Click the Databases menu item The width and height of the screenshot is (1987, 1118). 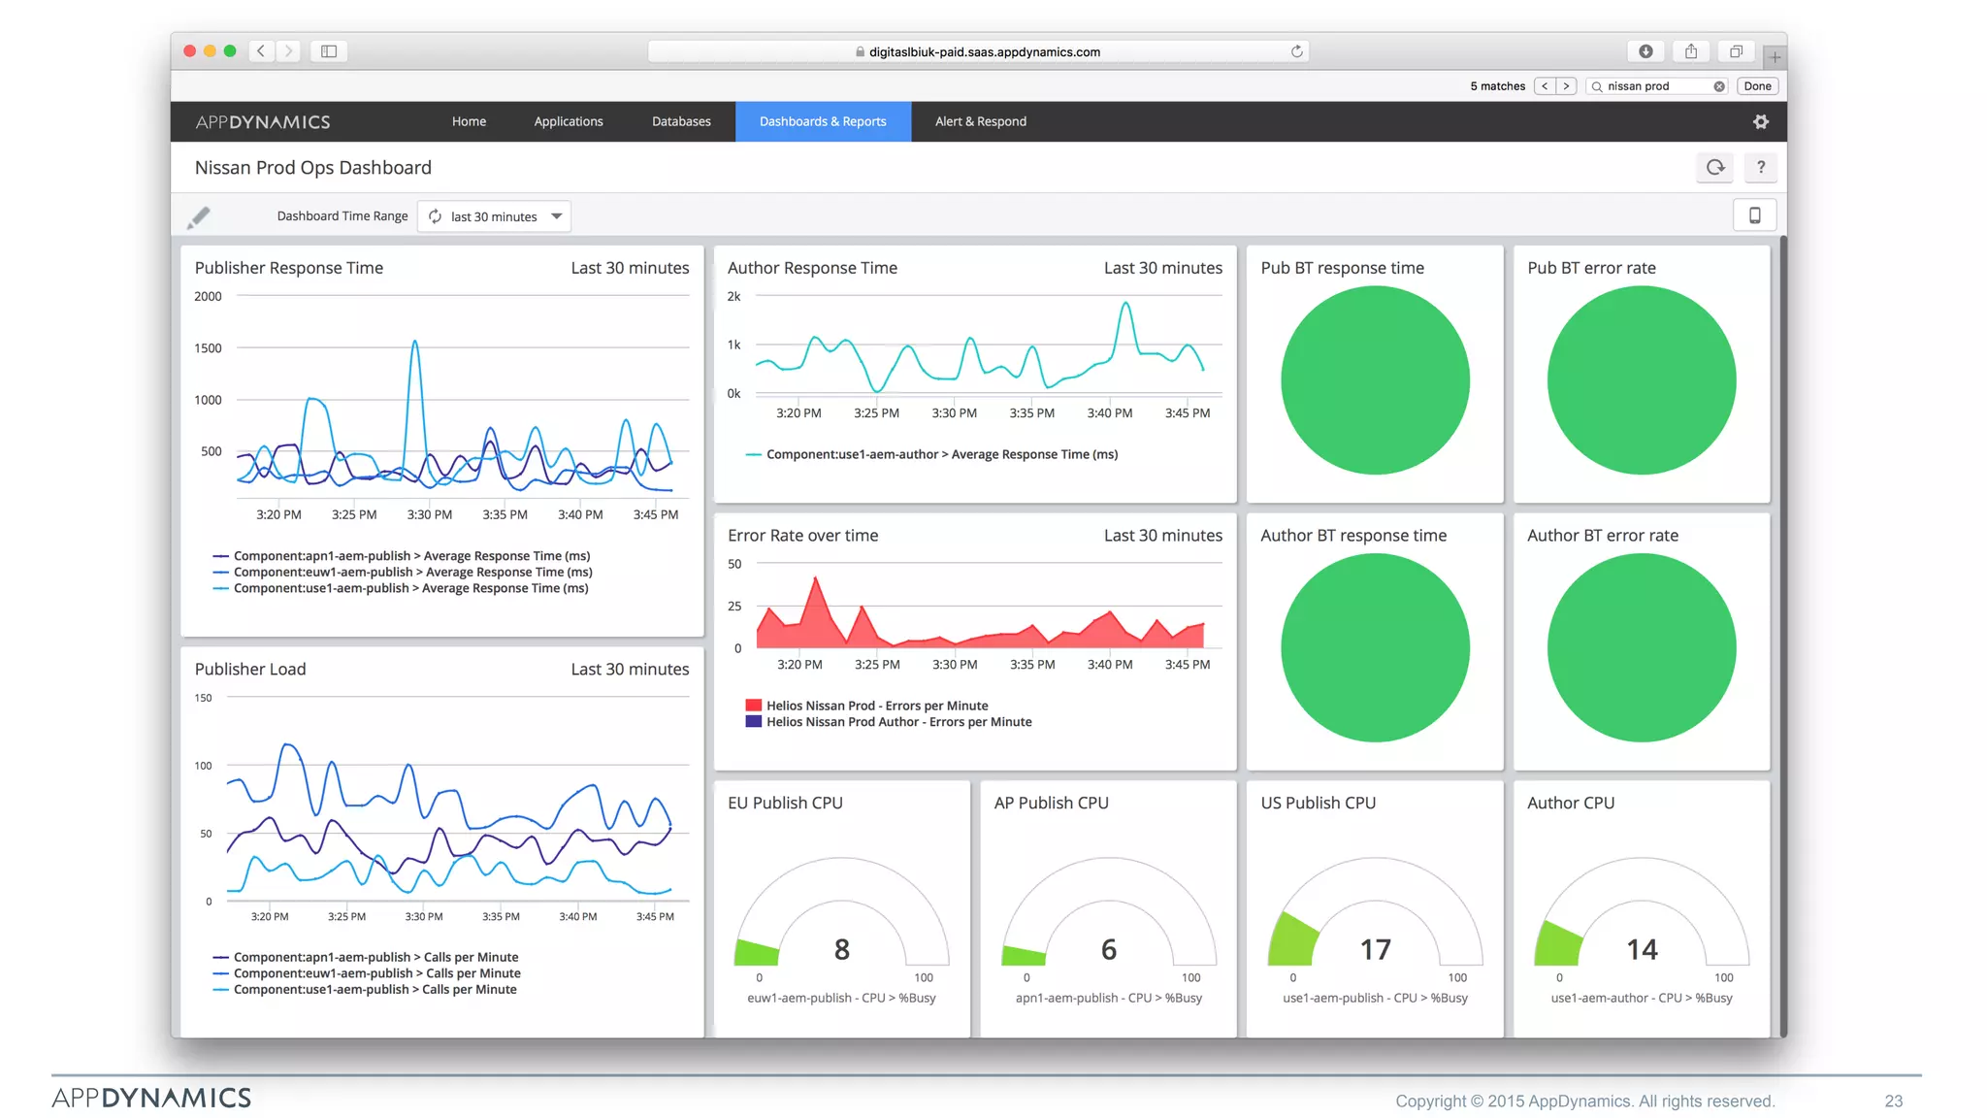click(x=681, y=121)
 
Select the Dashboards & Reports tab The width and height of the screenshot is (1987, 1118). click(x=823, y=121)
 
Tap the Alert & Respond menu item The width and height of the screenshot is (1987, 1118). click(x=980, y=121)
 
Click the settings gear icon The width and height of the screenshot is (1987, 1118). click(x=1760, y=121)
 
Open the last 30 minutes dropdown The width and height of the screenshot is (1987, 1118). click(x=495, y=216)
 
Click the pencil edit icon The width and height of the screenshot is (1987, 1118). click(x=199, y=216)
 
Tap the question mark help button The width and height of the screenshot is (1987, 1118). click(x=1760, y=167)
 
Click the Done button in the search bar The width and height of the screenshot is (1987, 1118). click(x=1757, y=86)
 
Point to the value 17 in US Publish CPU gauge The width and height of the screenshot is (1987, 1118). click(x=1375, y=949)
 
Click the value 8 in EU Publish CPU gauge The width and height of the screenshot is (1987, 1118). click(x=841, y=949)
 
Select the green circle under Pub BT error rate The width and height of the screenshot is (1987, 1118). click(x=1641, y=380)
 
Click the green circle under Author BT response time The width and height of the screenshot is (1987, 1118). click(x=1374, y=647)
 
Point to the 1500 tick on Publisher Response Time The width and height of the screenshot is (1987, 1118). click(x=208, y=348)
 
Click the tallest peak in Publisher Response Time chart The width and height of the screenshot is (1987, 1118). click(x=415, y=343)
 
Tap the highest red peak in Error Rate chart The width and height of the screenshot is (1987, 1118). click(x=816, y=579)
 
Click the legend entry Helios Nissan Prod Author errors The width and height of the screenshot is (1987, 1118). click(x=898, y=722)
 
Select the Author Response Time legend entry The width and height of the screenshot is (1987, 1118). click(x=941, y=454)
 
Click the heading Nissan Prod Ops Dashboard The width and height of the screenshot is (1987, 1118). click(x=312, y=168)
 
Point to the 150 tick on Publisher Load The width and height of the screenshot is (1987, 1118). click(x=203, y=698)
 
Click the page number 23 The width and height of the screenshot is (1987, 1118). click(x=1893, y=1101)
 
